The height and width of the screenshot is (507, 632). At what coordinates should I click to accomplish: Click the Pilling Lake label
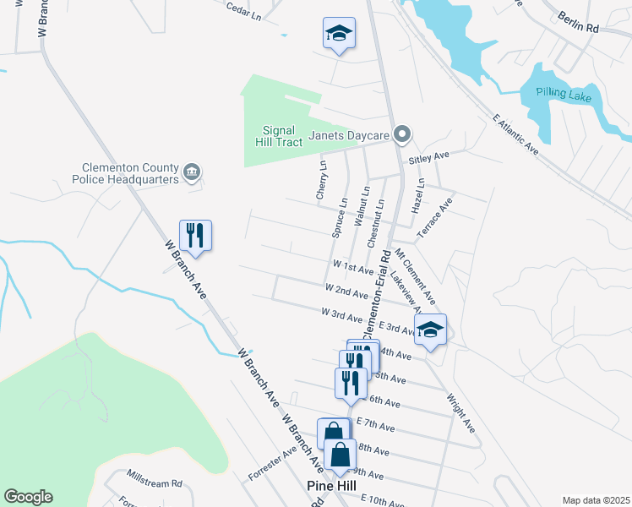[568, 96]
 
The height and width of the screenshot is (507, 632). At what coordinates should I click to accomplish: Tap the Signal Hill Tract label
[279, 136]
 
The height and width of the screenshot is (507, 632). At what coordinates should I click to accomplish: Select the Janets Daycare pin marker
[403, 134]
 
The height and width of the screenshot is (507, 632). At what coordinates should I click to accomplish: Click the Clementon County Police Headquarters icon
[192, 173]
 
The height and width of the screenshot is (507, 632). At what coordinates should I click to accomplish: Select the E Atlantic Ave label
[515, 136]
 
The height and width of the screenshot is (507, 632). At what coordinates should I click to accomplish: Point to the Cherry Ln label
[321, 180]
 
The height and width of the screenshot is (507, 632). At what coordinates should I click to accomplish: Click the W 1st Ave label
[353, 267]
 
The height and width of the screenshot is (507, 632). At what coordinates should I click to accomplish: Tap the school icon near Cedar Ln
[339, 34]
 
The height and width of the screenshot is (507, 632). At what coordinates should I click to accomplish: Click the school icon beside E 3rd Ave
[431, 330]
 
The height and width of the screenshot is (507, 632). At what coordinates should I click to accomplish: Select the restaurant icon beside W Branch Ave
[195, 235]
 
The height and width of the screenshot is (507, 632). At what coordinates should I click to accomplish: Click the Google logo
[28, 497]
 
